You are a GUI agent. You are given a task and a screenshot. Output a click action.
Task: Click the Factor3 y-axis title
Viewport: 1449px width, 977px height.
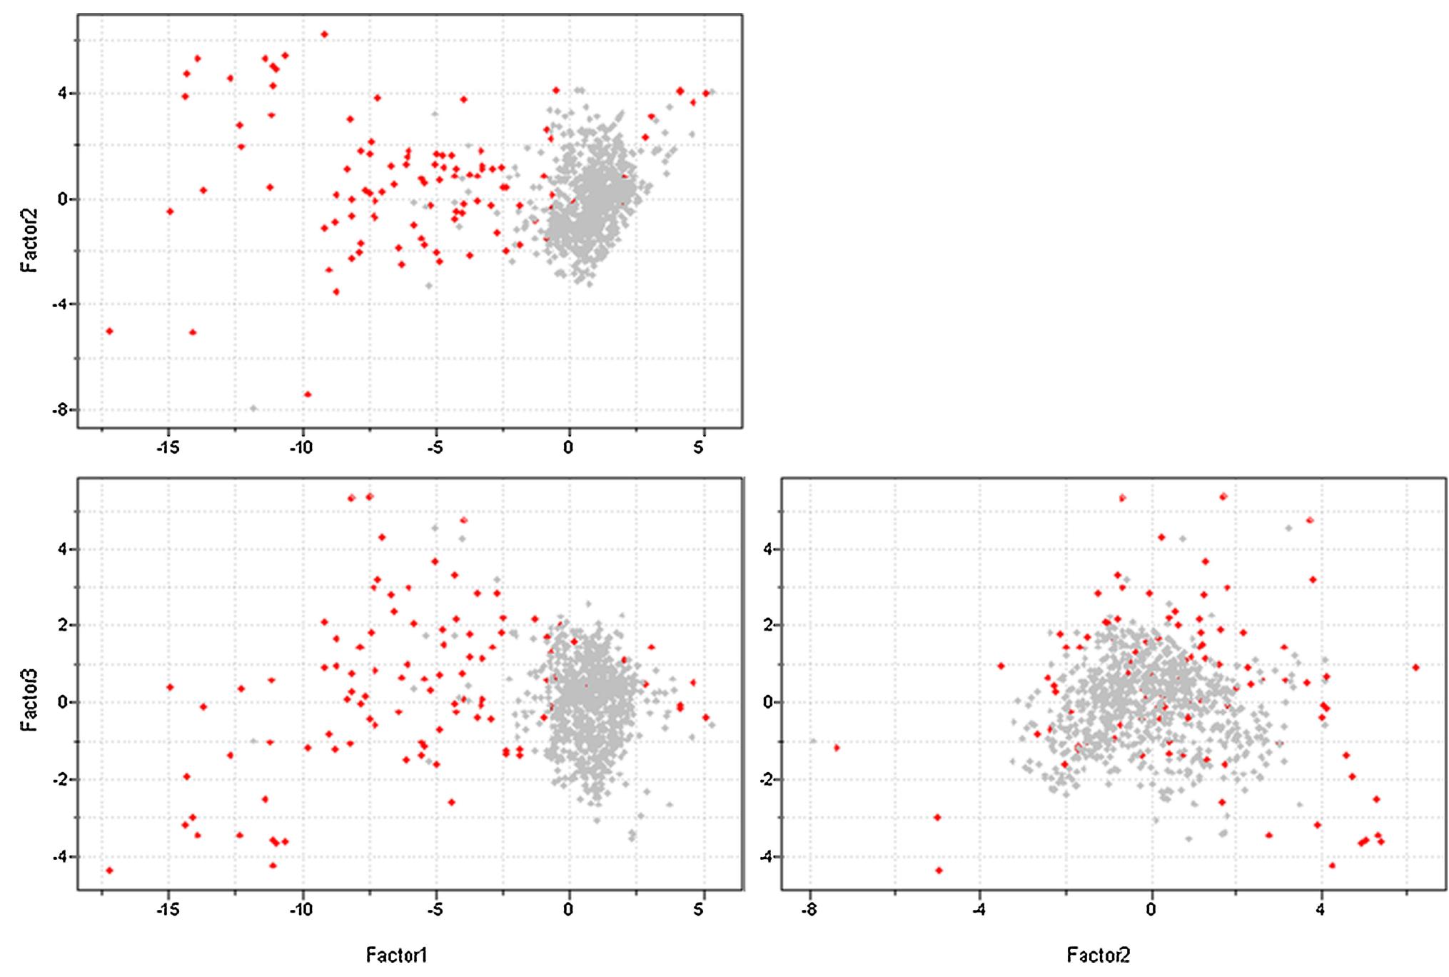[x=29, y=699]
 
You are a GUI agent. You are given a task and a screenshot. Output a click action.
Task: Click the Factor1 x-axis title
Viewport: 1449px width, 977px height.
[x=396, y=955]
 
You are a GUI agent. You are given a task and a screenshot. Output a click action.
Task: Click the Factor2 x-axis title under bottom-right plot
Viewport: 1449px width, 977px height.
[x=1098, y=955]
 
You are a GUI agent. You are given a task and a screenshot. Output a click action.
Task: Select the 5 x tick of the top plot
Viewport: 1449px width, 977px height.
[x=700, y=448]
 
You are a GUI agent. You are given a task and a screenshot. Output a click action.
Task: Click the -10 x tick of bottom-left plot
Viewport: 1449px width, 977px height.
[x=301, y=910]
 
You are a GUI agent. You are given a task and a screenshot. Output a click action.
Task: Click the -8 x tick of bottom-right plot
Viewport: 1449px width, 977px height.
[x=809, y=910]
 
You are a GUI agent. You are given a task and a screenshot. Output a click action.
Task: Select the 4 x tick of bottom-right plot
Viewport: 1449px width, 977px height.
[x=1321, y=910]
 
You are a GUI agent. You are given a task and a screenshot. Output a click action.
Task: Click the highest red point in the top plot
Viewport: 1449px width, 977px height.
[x=324, y=34]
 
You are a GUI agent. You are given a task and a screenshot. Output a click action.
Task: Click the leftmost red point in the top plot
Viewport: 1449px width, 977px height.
[x=109, y=331]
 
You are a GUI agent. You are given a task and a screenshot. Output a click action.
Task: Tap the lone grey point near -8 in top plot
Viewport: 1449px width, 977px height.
[x=253, y=409]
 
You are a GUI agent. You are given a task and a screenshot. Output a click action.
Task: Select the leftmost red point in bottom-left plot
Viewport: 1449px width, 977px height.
[x=109, y=870]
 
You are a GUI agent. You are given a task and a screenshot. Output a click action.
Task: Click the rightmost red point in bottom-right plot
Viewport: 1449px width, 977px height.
[x=1415, y=668]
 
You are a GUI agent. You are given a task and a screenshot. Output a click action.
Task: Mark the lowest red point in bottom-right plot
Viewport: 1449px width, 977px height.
[x=939, y=870]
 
